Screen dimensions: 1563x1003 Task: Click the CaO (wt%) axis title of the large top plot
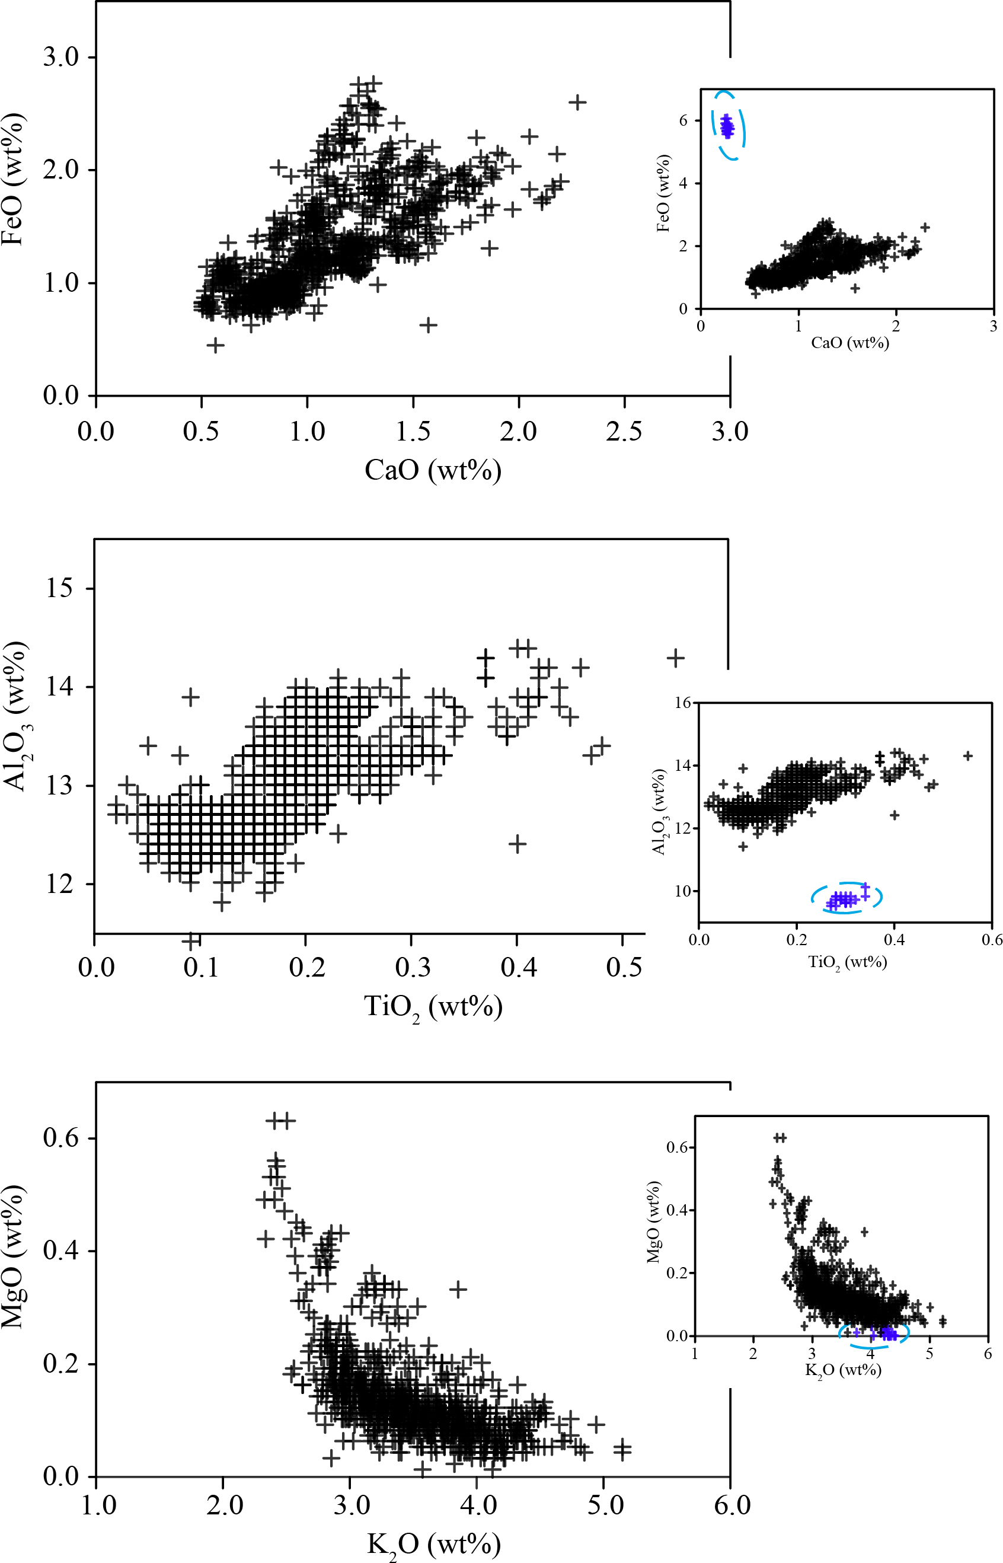tap(433, 470)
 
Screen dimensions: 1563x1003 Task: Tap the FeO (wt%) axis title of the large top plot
tap(13, 179)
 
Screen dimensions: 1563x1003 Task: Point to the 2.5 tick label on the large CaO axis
tap(624, 431)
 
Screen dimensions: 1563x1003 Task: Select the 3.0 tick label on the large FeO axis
tap(60, 58)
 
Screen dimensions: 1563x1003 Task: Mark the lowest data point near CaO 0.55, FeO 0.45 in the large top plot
tap(216, 345)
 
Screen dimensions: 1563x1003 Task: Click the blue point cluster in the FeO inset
tap(727, 126)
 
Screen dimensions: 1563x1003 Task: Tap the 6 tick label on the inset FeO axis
tap(683, 120)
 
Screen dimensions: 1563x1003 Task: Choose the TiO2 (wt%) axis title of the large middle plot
tap(433, 1007)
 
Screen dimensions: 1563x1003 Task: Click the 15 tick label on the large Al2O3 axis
tap(59, 588)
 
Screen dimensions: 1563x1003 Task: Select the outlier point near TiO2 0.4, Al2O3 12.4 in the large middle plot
tap(517, 844)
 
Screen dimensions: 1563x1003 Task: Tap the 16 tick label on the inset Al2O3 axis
tap(682, 702)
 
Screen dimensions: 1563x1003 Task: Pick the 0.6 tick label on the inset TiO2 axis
tap(992, 939)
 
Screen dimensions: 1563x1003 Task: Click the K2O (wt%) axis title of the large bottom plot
tap(433, 1543)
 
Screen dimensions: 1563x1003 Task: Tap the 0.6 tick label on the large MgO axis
tap(60, 1138)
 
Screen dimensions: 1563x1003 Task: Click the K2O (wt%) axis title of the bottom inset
tap(844, 1370)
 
